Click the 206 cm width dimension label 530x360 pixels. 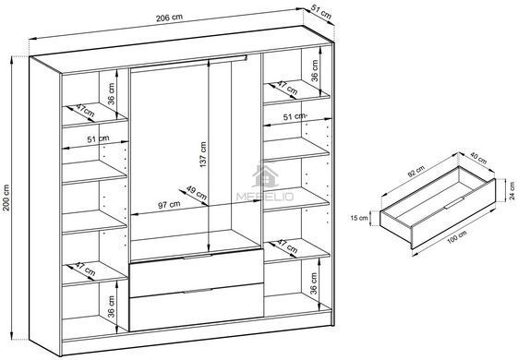pos(169,18)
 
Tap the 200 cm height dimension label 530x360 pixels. pos(6,198)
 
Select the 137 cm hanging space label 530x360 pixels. pos(203,154)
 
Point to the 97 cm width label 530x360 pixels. pos(169,205)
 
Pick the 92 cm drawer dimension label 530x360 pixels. pos(416,172)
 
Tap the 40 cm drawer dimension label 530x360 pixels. pos(478,159)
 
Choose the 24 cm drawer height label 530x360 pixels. pos(512,191)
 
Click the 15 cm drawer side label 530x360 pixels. pos(359,218)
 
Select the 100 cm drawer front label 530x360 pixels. pos(457,236)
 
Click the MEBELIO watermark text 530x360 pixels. pos(265,197)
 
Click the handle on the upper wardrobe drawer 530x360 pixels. pos(198,258)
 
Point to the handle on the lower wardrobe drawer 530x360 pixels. pos(198,291)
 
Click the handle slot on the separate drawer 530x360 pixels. pos(454,203)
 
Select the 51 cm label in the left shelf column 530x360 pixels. pos(98,138)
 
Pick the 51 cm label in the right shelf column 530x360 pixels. pos(295,117)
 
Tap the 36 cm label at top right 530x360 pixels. pos(315,71)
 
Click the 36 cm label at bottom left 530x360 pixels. pos(111,306)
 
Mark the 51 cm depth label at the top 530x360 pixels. pos(321,13)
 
